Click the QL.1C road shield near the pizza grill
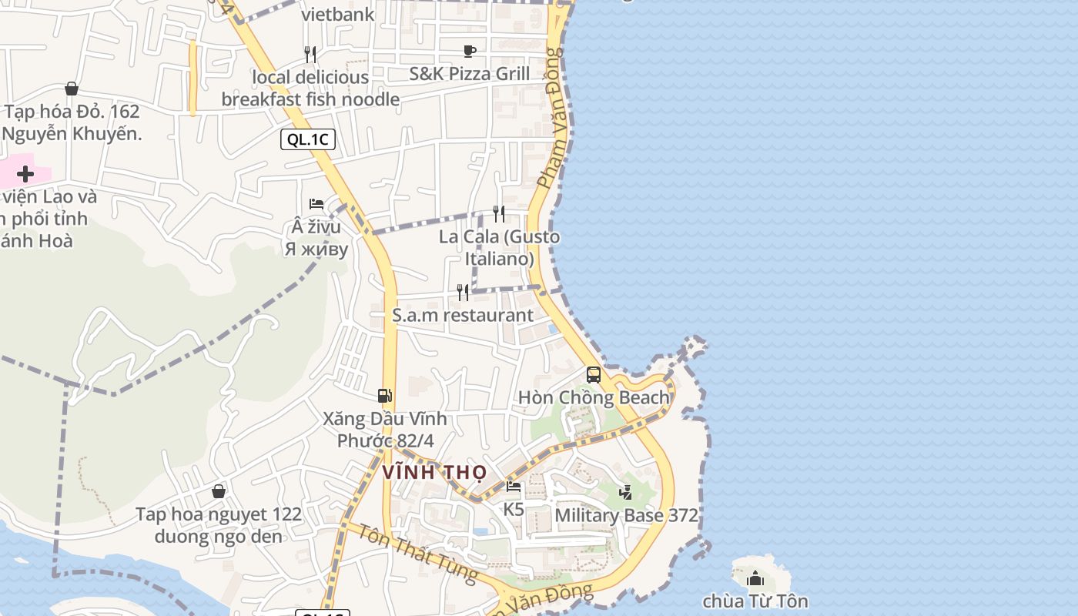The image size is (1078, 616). point(308,139)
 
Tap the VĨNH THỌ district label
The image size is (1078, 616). point(434,471)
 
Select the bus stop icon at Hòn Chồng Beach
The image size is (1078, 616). point(594,375)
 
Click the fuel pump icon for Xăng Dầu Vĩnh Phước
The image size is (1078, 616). point(385,396)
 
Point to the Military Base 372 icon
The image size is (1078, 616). point(626,492)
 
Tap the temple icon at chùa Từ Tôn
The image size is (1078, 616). point(755,577)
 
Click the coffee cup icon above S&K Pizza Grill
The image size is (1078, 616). point(470,52)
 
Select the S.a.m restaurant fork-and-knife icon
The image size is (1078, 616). point(463,292)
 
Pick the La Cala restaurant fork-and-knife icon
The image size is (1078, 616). point(499,213)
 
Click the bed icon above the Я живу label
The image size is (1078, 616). point(316,204)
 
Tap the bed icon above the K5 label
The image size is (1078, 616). point(514,487)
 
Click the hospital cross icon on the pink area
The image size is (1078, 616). point(25,174)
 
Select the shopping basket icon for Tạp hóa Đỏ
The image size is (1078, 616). point(72,89)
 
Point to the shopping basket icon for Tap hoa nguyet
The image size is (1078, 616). point(219,491)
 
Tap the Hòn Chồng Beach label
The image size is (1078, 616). point(594,397)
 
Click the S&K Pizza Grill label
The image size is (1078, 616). point(470,74)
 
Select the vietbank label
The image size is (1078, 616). point(338,14)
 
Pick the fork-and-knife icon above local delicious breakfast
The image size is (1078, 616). point(310,54)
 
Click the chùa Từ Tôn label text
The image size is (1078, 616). point(755,601)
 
